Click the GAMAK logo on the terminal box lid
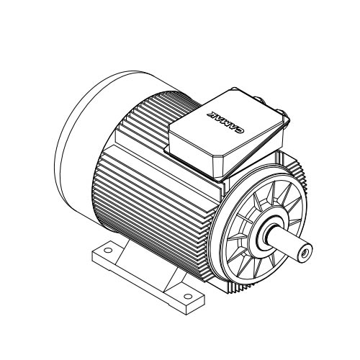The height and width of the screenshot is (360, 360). pyautogui.click(x=225, y=122)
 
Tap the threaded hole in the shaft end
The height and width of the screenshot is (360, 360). pyautogui.click(x=305, y=252)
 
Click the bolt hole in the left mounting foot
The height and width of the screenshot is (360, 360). pyautogui.click(x=108, y=251)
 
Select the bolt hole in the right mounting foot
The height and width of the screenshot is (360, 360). pyautogui.click(x=188, y=297)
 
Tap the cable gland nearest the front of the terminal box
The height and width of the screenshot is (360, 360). pyautogui.click(x=279, y=112)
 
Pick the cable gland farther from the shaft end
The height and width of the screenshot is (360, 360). pyautogui.click(x=258, y=99)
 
